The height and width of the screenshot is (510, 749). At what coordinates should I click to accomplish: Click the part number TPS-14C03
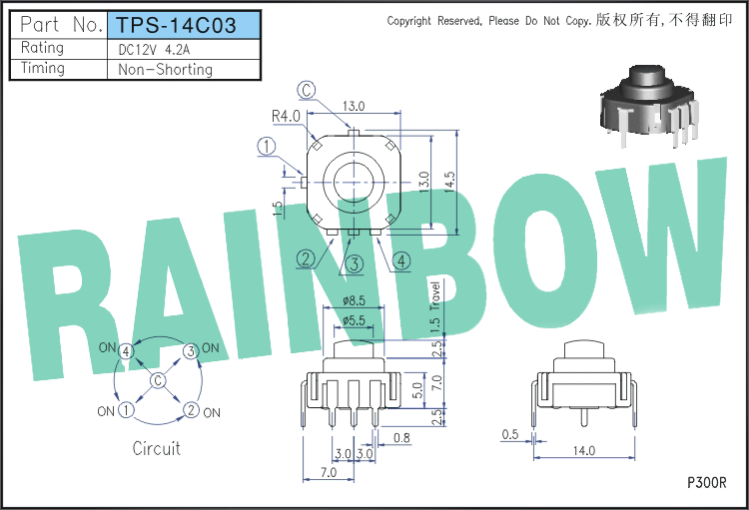pyautogui.click(x=177, y=25)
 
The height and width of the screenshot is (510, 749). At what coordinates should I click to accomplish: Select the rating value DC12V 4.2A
pyautogui.click(x=154, y=50)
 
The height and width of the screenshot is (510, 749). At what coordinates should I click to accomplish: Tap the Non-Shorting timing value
pyautogui.click(x=165, y=70)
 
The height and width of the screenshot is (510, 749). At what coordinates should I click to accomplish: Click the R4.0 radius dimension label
pyautogui.click(x=286, y=116)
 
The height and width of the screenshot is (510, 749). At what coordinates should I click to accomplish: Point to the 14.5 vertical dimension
pyautogui.click(x=449, y=182)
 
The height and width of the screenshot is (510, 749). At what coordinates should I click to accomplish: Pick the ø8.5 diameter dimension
pyautogui.click(x=354, y=300)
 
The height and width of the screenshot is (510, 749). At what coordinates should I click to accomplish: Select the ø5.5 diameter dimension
pyautogui.click(x=354, y=320)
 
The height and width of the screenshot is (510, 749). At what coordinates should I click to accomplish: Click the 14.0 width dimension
pyautogui.click(x=584, y=450)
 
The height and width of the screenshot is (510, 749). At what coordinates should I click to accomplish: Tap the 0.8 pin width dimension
pyautogui.click(x=401, y=437)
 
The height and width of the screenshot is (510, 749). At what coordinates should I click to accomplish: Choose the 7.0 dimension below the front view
pyautogui.click(x=329, y=472)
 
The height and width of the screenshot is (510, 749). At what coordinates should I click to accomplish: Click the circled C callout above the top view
pyautogui.click(x=307, y=90)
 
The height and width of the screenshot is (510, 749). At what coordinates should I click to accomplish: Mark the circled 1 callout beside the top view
pyautogui.click(x=267, y=146)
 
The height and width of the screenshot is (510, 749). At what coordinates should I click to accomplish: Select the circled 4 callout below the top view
pyautogui.click(x=401, y=261)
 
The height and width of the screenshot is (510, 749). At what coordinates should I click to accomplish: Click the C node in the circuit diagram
pyautogui.click(x=158, y=380)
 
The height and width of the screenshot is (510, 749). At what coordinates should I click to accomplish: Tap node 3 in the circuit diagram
pyautogui.click(x=191, y=351)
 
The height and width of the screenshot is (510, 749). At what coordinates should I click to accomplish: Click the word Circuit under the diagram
pyautogui.click(x=156, y=448)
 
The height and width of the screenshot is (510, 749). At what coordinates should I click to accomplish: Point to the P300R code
pyautogui.click(x=707, y=483)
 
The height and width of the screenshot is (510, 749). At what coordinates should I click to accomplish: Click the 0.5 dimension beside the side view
pyautogui.click(x=510, y=434)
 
